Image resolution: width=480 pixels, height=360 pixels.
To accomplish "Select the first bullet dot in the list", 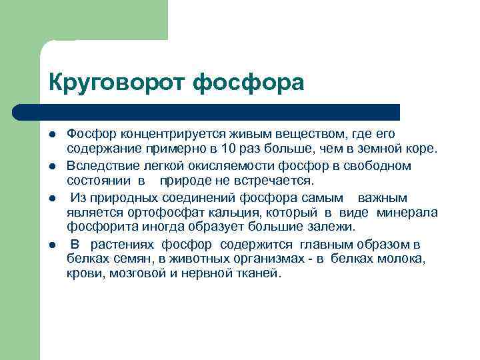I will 51,135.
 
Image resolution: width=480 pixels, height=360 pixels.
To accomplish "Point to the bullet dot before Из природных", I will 51,199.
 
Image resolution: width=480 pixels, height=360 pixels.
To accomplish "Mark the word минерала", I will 407,213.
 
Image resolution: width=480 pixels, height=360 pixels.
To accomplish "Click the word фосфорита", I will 95,227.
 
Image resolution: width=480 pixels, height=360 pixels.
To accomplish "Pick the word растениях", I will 123,244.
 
